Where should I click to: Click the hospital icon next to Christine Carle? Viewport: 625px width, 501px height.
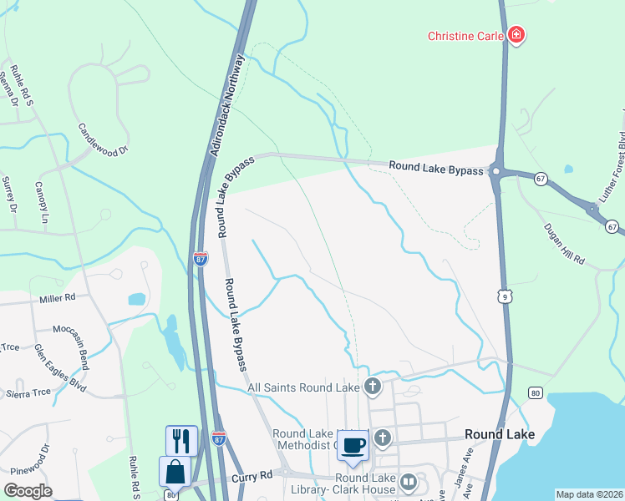click(517, 36)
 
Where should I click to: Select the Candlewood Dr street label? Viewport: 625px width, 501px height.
click(104, 139)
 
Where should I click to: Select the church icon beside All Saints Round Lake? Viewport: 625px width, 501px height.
click(373, 387)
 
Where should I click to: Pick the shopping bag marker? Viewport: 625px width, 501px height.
click(175, 472)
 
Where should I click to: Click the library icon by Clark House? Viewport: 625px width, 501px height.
click(409, 482)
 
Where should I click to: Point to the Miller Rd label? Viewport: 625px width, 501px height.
click(58, 298)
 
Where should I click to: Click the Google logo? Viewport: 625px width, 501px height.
click(28, 491)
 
